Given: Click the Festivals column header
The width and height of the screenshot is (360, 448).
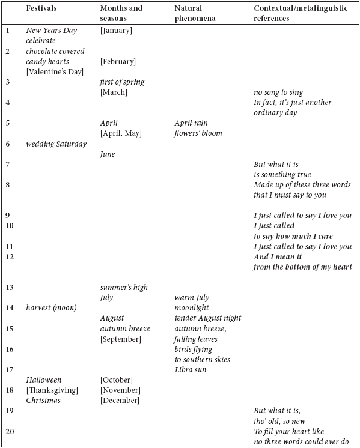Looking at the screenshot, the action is click(x=41, y=8).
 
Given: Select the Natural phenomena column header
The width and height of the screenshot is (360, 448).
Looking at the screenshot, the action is click(x=195, y=13).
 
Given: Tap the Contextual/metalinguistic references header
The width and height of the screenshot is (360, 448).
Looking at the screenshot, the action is click(x=301, y=13).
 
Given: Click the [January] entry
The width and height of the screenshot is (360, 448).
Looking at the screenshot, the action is click(x=116, y=30).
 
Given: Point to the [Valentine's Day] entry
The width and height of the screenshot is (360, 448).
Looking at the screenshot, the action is click(x=55, y=71).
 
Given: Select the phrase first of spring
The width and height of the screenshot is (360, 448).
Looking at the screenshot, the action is click(x=122, y=82).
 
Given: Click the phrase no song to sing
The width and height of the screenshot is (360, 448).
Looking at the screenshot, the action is click(x=278, y=92).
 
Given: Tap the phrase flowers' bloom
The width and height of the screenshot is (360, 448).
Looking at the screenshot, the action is click(x=198, y=133).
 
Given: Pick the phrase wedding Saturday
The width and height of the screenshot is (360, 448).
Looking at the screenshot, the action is click(x=56, y=144).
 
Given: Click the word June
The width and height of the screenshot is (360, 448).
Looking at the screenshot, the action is click(x=108, y=154).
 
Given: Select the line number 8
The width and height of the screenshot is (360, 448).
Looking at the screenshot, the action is click(x=8, y=185).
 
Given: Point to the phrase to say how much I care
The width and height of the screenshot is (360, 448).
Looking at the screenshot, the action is click(x=293, y=236).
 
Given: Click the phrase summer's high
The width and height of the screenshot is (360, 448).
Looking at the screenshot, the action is click(x=124, y=287).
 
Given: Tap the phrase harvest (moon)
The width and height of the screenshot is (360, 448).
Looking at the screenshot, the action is click(x=52, y=308).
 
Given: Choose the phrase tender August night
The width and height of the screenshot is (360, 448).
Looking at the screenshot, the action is click(x=208, y=318).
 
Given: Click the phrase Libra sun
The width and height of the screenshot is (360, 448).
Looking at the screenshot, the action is click(x=191, y=370).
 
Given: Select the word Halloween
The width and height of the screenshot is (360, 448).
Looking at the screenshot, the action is click(x=44, y=380).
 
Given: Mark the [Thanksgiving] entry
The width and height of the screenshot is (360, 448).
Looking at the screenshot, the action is click(x=52, y=390).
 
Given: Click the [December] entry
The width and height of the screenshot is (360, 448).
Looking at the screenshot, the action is click(x=120, y=401).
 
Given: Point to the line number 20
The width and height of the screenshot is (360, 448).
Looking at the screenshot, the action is click(x=10, y=431).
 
